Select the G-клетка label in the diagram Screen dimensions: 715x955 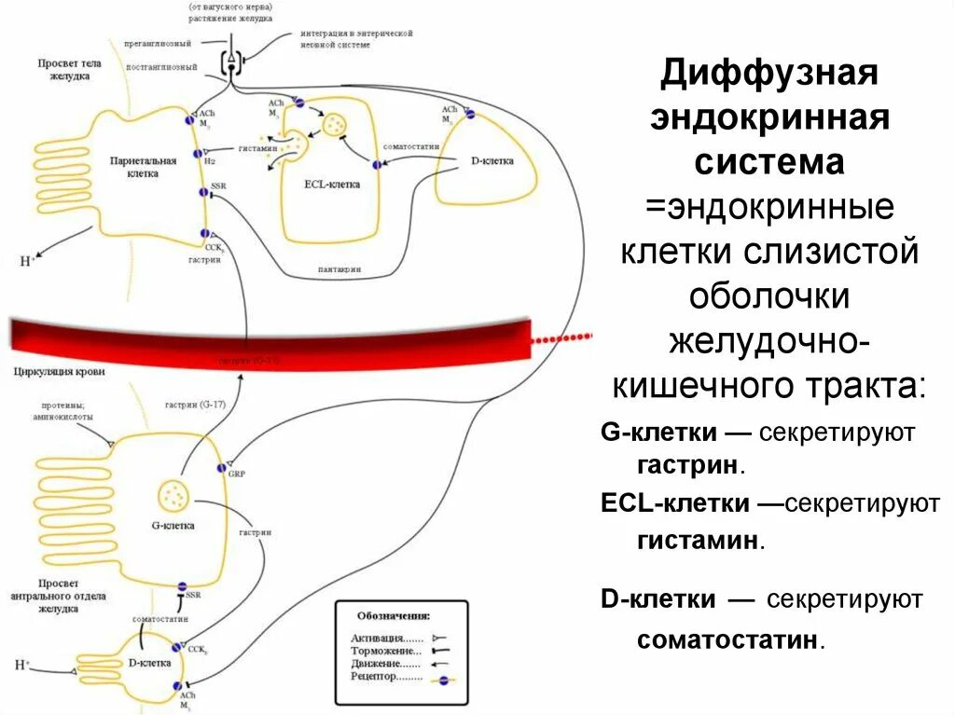coord(173,526)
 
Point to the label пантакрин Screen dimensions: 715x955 coord(339,269)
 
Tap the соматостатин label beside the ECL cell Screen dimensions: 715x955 coord(405,147)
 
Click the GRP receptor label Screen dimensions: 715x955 coord(236,474)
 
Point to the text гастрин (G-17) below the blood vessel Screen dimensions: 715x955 coord(195,403)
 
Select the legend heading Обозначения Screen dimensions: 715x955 coord(393,616)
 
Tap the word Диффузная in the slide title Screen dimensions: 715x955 coord(769,75)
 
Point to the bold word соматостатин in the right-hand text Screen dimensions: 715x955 coord(730,640)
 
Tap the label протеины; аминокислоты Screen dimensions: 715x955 coord(62,411)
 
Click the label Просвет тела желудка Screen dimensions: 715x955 coord(63,70)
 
